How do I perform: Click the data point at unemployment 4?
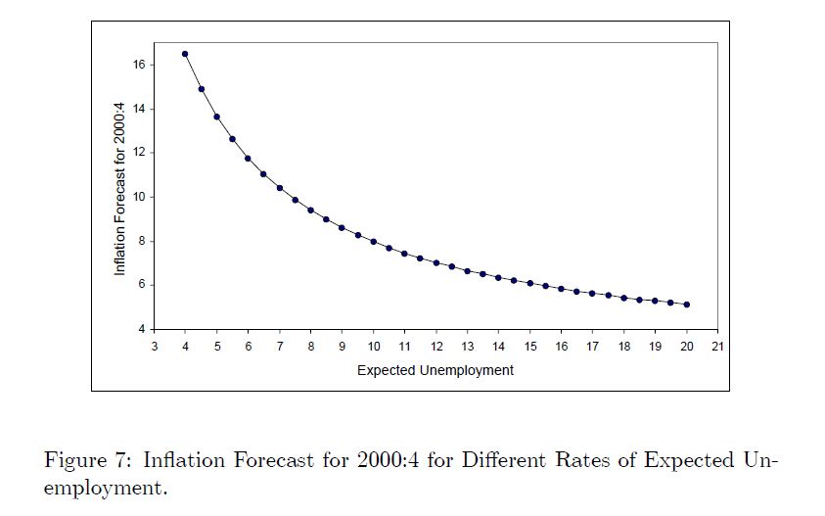point(185,54)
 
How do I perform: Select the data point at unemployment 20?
point(687,305)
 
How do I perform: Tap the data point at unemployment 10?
point(373,241)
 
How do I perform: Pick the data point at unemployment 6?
point(248,159)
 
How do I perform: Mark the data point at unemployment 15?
point(529,283)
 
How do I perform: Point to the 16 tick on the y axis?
point(139,65)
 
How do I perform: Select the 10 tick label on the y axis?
point(139,197)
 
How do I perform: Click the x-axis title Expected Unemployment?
point(435,371)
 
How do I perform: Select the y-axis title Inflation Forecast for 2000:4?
point(119,197)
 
